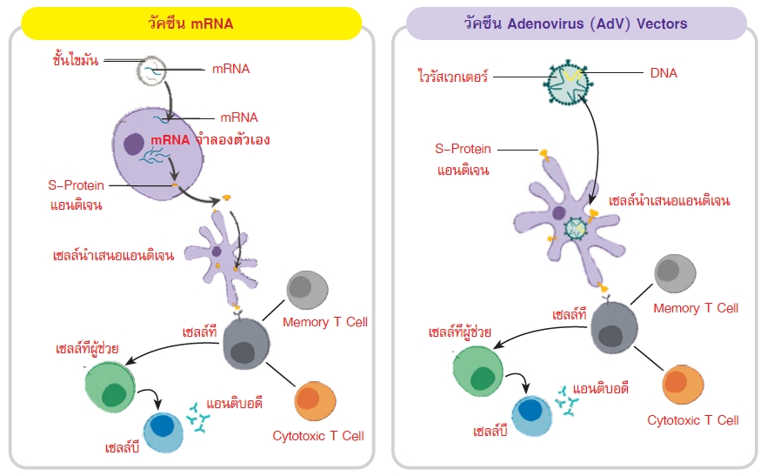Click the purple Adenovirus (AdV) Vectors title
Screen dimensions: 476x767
(576, 23)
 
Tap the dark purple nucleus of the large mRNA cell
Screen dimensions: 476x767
(133, 144)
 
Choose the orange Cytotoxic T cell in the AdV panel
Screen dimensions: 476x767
(681, 385)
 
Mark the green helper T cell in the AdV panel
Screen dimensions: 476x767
(478, 372)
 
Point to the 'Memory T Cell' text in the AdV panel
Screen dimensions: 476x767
(695, 308)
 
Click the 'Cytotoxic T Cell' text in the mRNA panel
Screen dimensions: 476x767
(317, 436)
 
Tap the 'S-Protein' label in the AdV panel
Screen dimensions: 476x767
(464, 149)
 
